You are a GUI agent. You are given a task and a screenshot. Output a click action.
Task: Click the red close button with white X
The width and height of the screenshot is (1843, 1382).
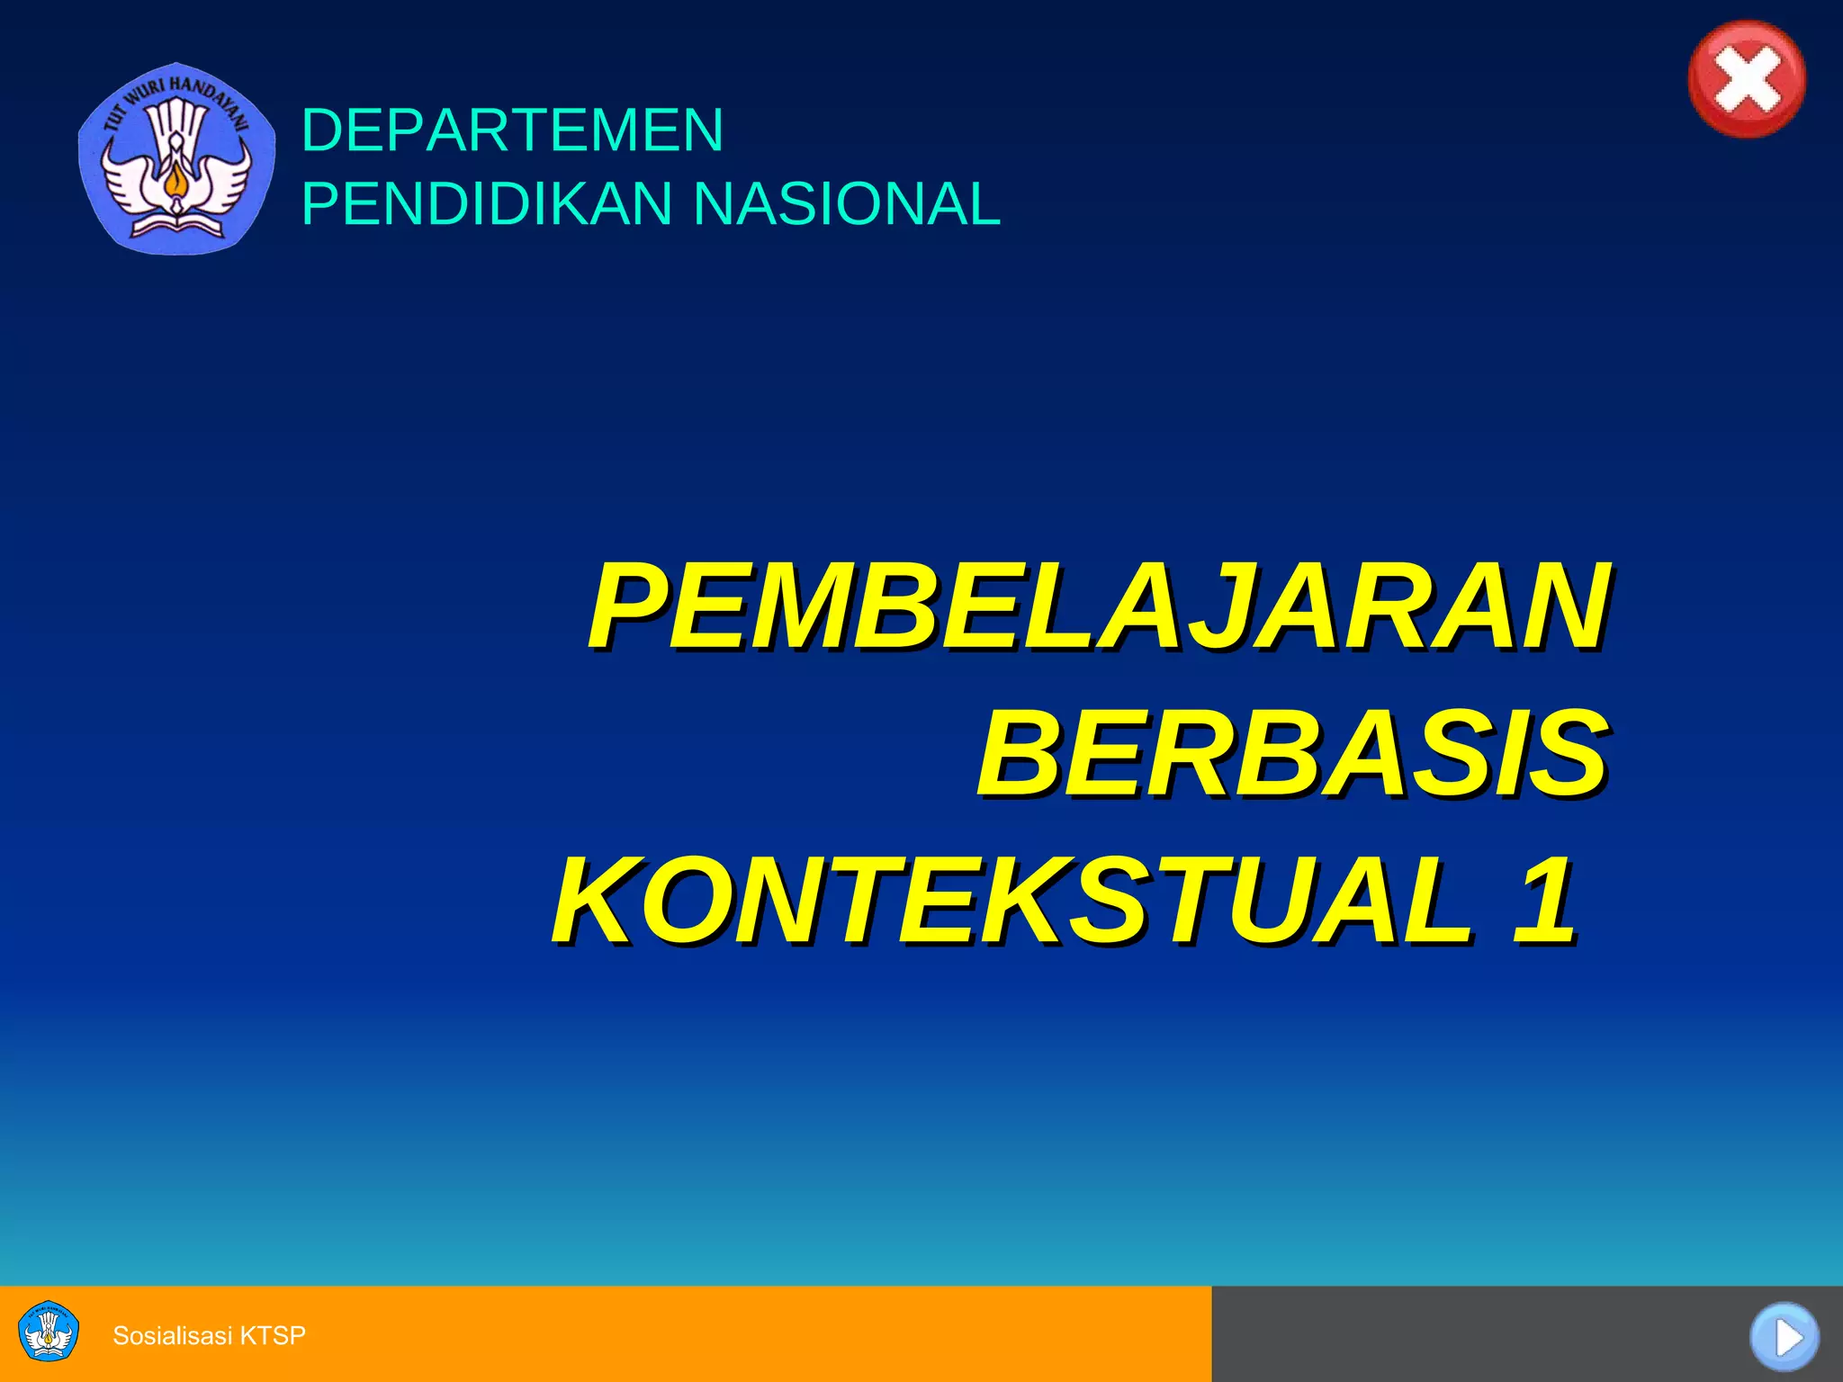point(1747,79)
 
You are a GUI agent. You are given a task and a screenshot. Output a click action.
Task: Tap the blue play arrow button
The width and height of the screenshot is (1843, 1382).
point(1785,1337)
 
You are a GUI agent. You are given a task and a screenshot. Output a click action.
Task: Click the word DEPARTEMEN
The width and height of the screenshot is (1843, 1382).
point(512,130)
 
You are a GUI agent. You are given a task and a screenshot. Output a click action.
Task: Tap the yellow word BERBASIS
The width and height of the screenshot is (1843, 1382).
point(1292,753)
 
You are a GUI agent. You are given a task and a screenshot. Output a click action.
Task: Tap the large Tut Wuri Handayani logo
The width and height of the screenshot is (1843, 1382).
point(176,158)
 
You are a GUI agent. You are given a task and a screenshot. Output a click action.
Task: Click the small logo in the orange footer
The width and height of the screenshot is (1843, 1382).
point(49,1333)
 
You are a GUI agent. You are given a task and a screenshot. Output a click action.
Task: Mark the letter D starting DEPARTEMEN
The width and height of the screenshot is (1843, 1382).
point(322,130)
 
